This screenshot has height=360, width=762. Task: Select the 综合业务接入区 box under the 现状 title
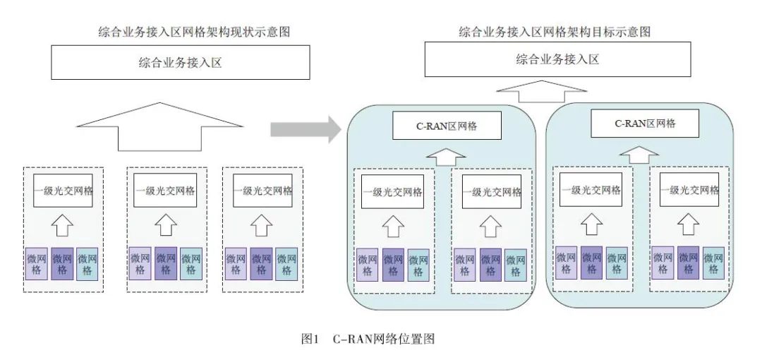pyautogui.click(x=180, y=63)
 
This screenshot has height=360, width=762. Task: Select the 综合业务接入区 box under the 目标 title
pyautogui.click(x=557, y=59)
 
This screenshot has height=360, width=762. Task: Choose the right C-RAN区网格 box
pyautogui.click(x=644, y=123)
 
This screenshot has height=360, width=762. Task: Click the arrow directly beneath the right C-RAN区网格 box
pyautogui.click(x=639, y=152)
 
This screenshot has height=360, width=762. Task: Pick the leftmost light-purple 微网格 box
pyautogui.click(x=37, y=264)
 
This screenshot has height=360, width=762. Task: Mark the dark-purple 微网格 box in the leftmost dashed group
pyautogui.click(x=63, y=264)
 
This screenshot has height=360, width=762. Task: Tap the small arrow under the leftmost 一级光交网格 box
pyautogui.click(x=63, y=224)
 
